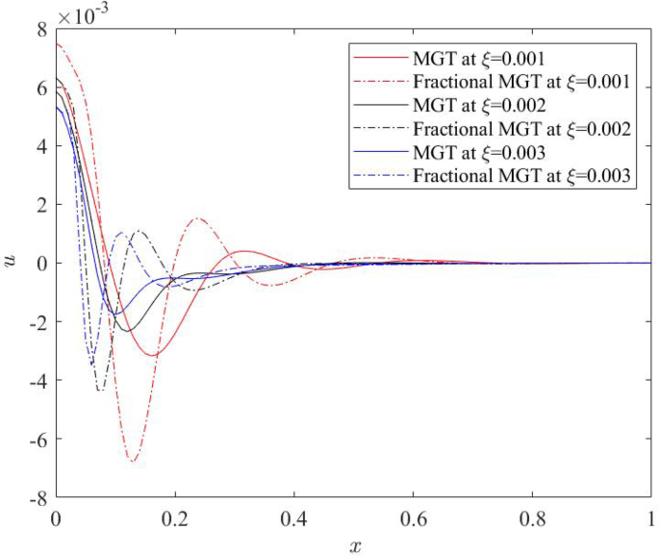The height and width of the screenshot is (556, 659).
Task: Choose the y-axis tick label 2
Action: [41, 205]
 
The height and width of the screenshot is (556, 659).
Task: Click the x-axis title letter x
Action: [354, 544]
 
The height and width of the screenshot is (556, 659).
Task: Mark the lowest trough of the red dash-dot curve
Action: [133, 462]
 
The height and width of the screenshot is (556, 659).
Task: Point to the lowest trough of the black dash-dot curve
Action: [99, 390]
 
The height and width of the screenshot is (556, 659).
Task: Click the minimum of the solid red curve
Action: [153, 356]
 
